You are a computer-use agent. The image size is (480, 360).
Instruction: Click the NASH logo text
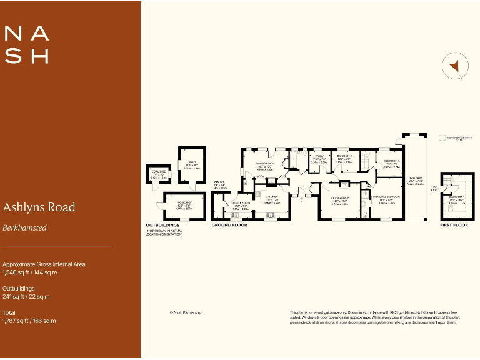tap(27, 44)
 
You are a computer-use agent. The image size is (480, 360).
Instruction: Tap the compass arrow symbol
tap(456, 66)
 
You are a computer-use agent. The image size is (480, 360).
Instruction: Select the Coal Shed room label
tap(159, 173)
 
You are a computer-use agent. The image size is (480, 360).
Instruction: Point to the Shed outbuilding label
tap(192, 163)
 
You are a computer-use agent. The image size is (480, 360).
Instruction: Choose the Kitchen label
tap(271, 199)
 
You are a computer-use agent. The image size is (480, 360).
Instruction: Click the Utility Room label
tap(241, 204)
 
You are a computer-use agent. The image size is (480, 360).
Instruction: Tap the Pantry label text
tap(219, 183)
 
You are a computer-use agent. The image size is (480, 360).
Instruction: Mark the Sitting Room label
tap(340, 199)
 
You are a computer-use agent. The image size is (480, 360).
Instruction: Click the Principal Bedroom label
tap(387, 198)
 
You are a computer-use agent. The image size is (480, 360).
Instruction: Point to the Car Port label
tap(416, 179)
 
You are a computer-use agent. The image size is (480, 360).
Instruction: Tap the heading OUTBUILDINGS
tap(163, 224)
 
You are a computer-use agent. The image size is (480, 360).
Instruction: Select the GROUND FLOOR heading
tap(229, 224)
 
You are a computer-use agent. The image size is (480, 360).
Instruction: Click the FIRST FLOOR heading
tap(454, 224)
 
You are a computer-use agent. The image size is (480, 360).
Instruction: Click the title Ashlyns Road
tap(39, 207)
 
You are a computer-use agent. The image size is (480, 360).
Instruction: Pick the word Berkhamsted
tap(24, 227)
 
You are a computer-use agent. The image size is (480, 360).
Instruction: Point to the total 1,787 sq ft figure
tap(29, 321)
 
